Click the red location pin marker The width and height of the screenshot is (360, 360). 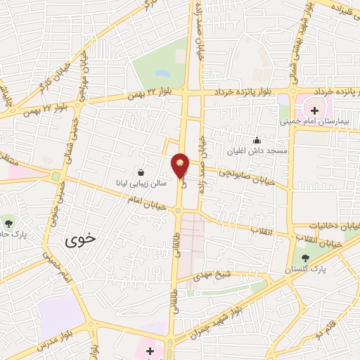click(181, 165)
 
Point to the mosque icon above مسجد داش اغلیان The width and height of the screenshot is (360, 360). click(257, 140)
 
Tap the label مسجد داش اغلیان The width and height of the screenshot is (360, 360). click(257, 151)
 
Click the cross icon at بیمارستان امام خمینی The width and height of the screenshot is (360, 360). click(314, 110)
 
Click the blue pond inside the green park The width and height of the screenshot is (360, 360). click(163, 73)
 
